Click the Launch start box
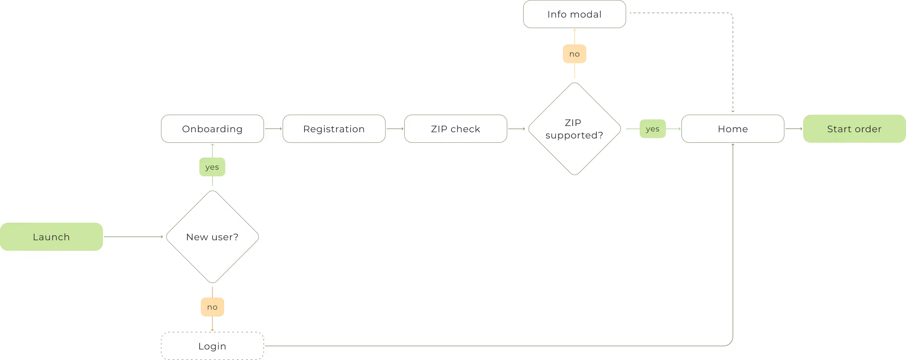[x=51, y=237]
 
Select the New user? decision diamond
[x=212, y=237]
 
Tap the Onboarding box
[x=212, y=129]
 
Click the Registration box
[x=334, y=129]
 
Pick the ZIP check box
[x=456, y=129]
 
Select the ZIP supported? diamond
[x=574, y=129]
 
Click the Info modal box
[x=574, y=14]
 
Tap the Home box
[x=733, y=129]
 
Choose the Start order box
[x=854, y=129]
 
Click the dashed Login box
[x=212, y=346]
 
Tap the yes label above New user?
[x=212, y=167]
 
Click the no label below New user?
[x=212, y=307]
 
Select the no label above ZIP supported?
[x=574, y=54]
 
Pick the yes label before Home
[x=653, y=129]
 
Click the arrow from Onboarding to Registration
[x=273, y=129]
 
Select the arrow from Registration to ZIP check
[x=395, y=129]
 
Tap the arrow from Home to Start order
[x=794, y=129]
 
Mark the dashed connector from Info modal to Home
[x=733, y=59]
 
